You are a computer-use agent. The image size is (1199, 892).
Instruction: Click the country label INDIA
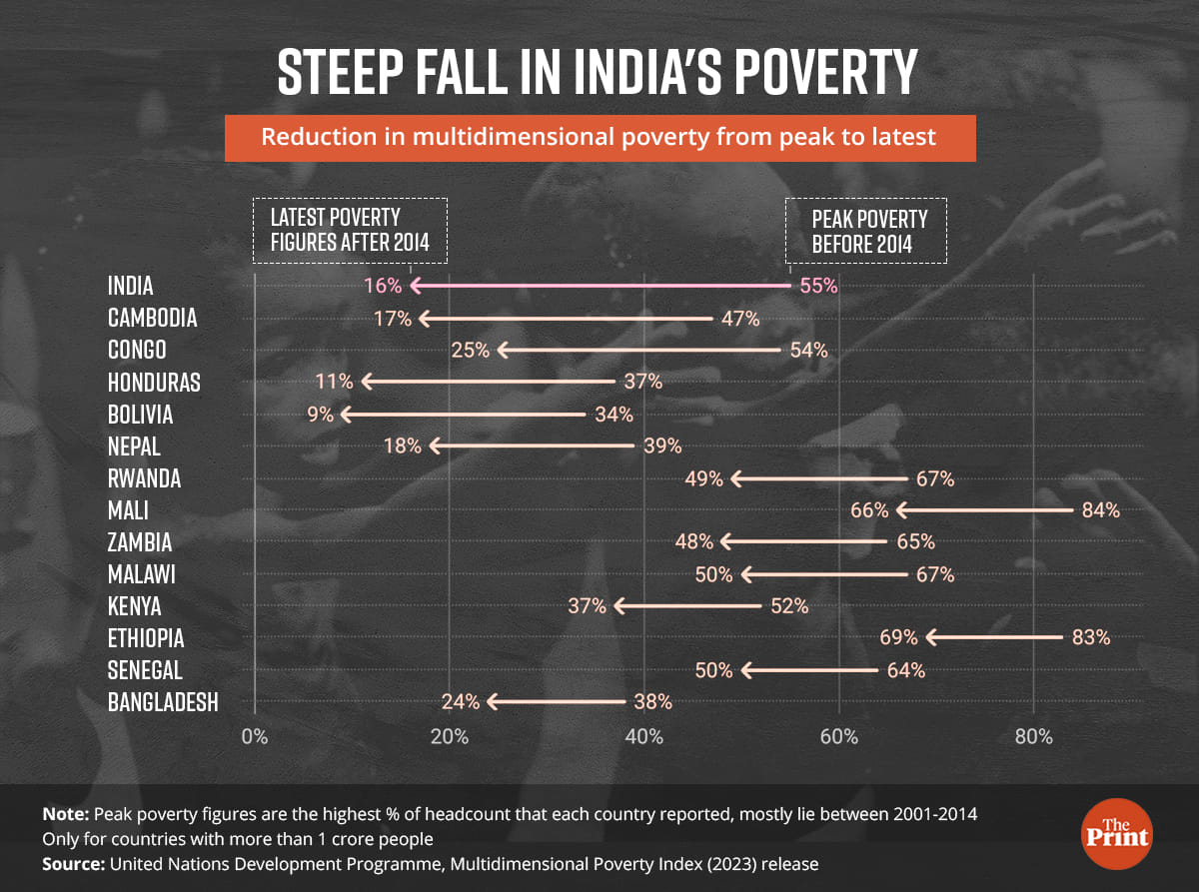pos(131,286)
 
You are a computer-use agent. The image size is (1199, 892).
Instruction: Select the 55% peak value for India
pos(817,286)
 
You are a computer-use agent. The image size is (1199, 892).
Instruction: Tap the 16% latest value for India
pos(383,286)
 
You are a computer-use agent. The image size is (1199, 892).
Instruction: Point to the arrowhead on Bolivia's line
pos(346,414)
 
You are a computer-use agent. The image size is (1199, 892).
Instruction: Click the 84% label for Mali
pos(1100,510)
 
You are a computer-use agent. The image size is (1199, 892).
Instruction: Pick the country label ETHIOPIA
pos(146,637)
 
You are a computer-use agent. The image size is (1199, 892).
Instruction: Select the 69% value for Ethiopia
pos(899,637)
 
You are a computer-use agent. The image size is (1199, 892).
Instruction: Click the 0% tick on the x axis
pos(255,737)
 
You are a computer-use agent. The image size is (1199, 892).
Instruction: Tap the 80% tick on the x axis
pos(1034,737)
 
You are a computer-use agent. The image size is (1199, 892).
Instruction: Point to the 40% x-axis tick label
pos(644,737)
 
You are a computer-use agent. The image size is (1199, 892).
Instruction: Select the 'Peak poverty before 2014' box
pos(866,231)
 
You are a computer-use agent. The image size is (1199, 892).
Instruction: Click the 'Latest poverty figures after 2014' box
pos(349,231)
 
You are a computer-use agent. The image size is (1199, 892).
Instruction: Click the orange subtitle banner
pos(599,137)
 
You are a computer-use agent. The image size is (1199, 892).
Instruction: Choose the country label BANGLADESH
pos(163,702)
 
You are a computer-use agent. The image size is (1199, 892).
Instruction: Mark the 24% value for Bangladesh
pos(461,702)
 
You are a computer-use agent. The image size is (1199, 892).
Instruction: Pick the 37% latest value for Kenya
pos(588,605)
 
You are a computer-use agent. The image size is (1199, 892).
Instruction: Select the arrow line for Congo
pos(639,351)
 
